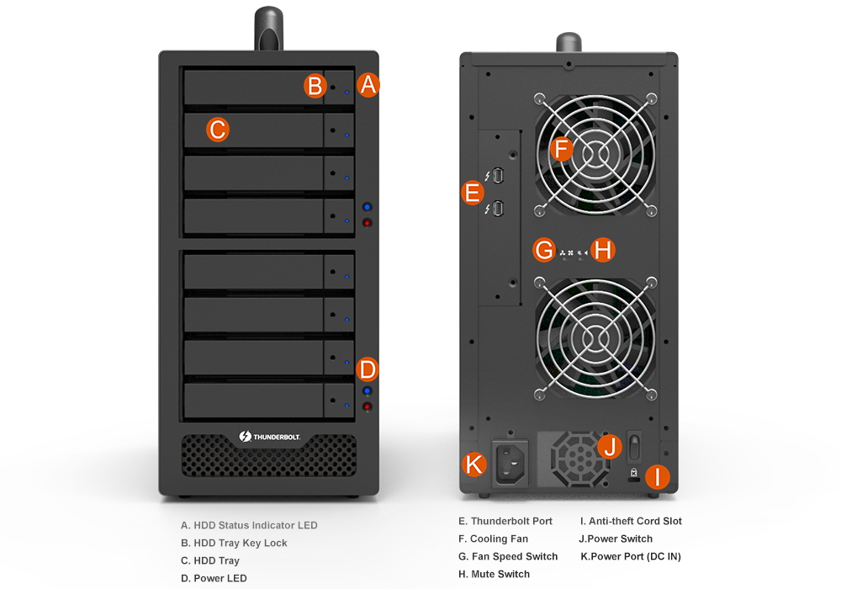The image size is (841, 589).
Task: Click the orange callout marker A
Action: point(368,85)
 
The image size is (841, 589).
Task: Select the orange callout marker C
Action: point(218,130)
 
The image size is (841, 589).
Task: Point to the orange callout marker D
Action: point(368,369)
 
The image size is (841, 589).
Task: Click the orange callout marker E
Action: point(473,193)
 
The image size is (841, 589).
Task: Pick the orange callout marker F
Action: point(562,149)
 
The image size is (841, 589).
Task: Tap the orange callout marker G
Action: point(544,250)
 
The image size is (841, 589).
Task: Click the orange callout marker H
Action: point(603,250)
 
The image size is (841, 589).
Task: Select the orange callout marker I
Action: point(657,477)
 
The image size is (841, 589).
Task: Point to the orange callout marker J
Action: point(610,446)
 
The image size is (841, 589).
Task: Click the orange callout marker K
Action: point(474,464)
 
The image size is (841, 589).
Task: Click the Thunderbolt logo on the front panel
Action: point(270,437)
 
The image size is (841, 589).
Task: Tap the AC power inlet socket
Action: point(510,463)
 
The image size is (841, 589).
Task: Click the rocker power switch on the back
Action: point(634,446)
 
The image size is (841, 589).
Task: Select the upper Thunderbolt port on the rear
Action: point(498,175)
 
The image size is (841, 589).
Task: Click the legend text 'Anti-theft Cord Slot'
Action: point(635,521)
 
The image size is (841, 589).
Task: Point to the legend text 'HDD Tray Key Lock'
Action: point(241,543)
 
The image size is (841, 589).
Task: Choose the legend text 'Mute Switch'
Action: point(500,574)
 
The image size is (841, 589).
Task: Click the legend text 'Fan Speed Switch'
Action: point(515,556)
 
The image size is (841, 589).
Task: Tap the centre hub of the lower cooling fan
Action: point(595,338)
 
